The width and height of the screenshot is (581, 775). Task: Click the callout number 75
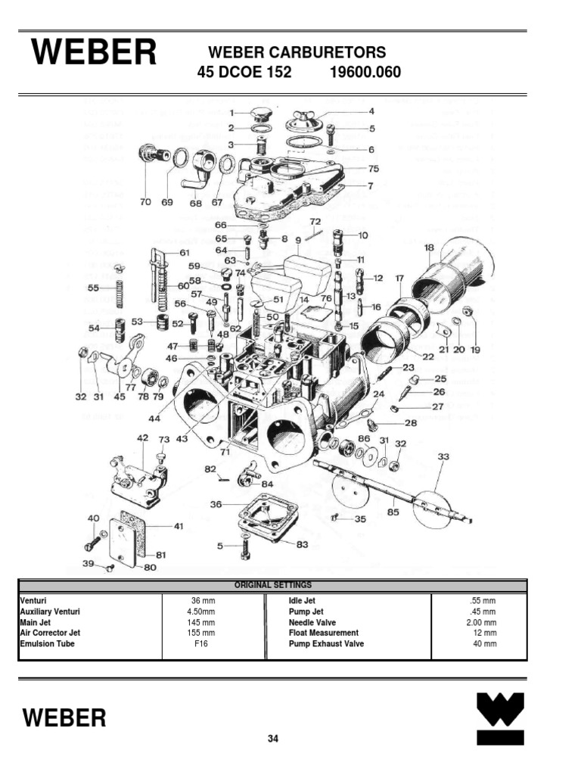click(x=374, y=169)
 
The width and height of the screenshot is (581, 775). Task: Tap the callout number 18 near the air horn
click(x=429, y=247)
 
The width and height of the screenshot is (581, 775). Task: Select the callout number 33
click(x=443, y=456)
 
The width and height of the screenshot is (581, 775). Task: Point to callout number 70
click(x=145, y=202)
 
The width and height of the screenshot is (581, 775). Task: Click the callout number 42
click(x=142, y=438)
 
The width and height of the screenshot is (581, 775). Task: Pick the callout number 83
click(x=301, y=544)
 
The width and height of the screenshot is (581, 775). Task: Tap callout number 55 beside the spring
click(x=93, y=288)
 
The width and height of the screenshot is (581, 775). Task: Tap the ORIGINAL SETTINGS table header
click(x=272, y=585)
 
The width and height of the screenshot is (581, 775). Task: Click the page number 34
click(x=273, y=739)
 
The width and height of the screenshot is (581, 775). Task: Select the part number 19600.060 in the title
click(x=365, y=73)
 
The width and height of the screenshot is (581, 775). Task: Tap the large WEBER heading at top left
click(x=94, y=54)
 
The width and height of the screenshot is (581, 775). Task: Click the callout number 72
click(x=315, y=221)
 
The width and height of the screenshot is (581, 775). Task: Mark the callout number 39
click(x=88, y=564)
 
